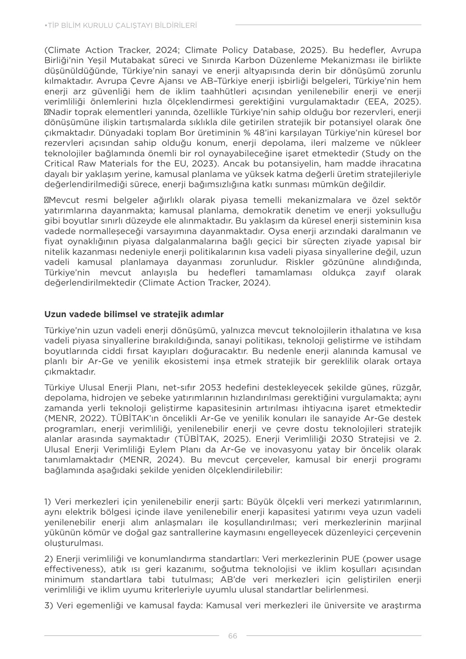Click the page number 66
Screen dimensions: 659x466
pos(232,636)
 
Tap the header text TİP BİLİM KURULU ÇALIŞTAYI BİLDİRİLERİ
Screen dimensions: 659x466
pos(121,26)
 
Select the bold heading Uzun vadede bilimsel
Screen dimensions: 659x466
pos(134,314)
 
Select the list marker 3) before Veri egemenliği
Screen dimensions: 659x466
pos(48,606)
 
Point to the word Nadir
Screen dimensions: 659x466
pos(60,112)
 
